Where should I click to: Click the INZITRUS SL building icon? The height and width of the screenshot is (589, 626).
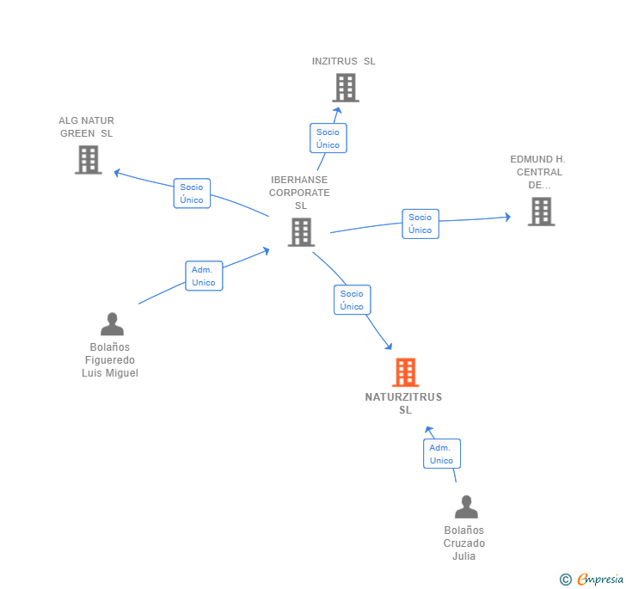[345, 88]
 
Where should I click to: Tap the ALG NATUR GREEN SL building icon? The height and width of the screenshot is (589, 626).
[88, 160]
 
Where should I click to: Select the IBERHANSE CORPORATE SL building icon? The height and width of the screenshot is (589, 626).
[301, 232]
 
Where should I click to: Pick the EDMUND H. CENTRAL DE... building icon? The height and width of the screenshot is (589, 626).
[541, 212]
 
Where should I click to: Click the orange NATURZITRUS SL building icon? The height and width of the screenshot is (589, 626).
[405, 372]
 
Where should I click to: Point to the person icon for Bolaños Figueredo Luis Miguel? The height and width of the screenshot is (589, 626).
[112, 324]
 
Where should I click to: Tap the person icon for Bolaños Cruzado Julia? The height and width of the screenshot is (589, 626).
[465, 507]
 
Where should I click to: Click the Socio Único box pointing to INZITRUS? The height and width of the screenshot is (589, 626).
[328, 138]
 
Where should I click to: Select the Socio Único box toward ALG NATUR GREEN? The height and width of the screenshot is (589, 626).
[192, 193]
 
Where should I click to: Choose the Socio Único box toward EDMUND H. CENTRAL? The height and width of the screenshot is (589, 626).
[420, 224]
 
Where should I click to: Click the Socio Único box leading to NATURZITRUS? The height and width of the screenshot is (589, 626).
[352, 300]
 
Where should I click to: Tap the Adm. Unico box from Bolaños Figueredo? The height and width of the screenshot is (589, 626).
[204, 276]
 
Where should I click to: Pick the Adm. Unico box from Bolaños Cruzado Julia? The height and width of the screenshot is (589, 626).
[441, 454]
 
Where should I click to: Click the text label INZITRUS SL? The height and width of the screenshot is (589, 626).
[343, 61]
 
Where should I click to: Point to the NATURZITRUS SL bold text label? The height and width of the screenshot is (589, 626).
[404, 403]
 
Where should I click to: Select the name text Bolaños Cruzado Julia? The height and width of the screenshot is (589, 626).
[464, 543]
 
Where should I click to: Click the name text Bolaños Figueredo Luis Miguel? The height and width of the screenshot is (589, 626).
[110, 360]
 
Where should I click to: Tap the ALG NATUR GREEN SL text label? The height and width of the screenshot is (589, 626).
[86, 127]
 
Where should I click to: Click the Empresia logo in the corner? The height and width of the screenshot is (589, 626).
[592, 580]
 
